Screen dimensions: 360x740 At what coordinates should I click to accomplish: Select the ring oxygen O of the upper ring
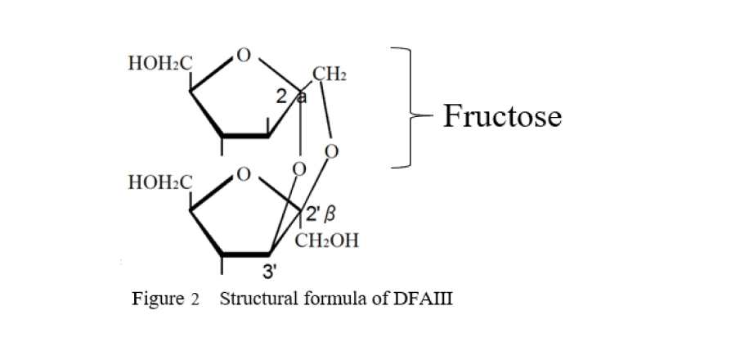pyautogui.click(x=242, y=56)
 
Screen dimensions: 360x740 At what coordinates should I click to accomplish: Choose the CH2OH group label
pyautogui.click(x=325, y=241)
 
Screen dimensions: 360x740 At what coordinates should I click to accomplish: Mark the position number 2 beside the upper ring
pyautogui.click(x=281, y=97)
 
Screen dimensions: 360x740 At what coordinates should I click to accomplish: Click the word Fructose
pyautogui.click(x=502, y=116)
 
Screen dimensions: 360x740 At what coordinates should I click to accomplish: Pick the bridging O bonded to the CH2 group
pyautogui.click(x=330, y=152)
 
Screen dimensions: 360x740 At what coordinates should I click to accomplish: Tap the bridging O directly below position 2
pyautogui.click(x=299, y=169)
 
